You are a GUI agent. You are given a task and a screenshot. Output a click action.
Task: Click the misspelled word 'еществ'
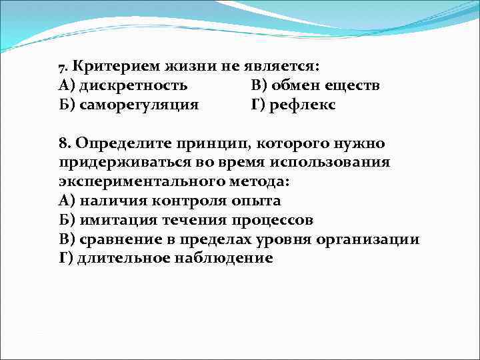(357, 85)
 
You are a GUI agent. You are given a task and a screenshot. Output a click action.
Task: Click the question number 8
(63, 143)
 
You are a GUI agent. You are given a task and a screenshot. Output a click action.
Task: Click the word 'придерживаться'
(123, 163)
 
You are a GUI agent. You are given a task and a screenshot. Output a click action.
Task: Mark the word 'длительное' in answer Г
(120, 259)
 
